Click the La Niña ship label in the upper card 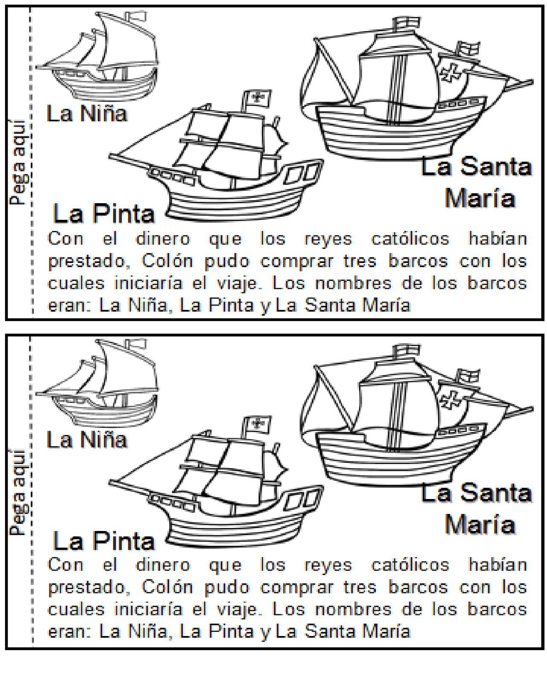[x=87, y=114]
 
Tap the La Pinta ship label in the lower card [x=104, y=541]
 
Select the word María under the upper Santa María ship [x=480, y=198]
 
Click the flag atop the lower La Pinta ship [x=257, y=424]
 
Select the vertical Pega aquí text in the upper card [x=18, y=162]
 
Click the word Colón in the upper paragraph [x=167, y=260]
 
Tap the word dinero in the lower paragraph [x=163, y=565]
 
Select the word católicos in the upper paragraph [x=410, y=239]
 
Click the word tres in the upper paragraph [x=360, y=260]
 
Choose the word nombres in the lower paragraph [x=353, y=609]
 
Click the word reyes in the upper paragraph [x=328, y=239]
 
